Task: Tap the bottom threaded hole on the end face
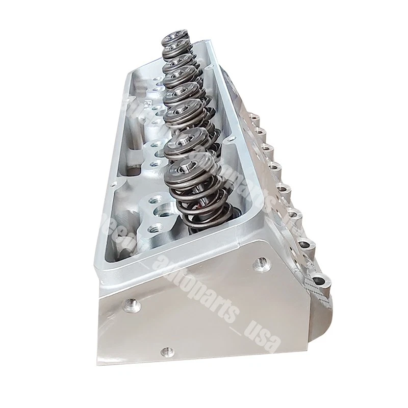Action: tap(165, 351)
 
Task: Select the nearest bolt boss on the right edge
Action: tap(320, 280)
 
